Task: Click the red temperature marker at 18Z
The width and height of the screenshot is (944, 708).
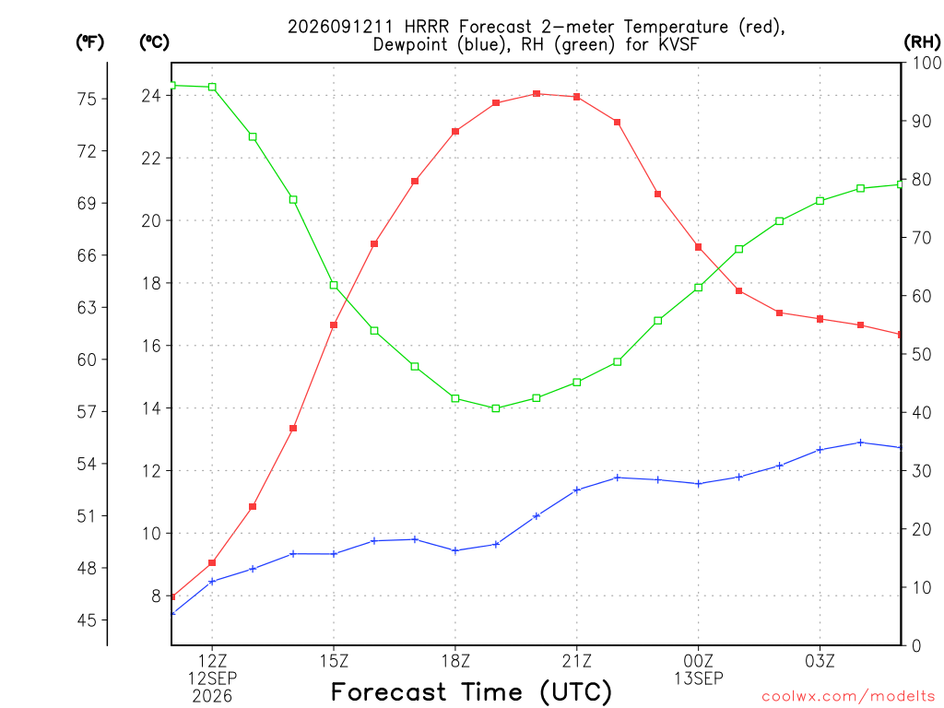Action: point(455,131)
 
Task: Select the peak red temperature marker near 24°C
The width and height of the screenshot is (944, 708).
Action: point(537,94)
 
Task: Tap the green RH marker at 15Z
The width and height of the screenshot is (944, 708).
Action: point(334,286)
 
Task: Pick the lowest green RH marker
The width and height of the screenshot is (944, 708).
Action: point(495,408)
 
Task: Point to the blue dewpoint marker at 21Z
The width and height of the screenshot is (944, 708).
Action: point(577,490)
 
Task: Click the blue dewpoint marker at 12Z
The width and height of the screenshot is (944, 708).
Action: point(212,582)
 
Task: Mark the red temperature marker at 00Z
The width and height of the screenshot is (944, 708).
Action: point(699,247)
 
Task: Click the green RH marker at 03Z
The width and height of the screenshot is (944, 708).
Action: point(820,201)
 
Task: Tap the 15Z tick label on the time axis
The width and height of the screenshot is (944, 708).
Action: point(334,661)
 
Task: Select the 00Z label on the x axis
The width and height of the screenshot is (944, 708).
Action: point(699,661)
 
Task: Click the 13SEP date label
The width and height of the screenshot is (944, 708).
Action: point(699,678)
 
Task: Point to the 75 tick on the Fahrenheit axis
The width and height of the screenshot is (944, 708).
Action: point(88,99)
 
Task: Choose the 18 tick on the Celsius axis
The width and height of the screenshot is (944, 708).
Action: point(151,283)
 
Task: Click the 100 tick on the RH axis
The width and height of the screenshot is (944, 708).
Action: point(927,63)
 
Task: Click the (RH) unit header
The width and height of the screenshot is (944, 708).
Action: point(922,41)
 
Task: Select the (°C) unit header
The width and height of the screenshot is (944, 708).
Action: point(154,41)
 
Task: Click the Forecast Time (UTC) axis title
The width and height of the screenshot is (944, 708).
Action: point(471,691)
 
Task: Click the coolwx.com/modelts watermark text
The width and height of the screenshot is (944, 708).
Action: point(848,696)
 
